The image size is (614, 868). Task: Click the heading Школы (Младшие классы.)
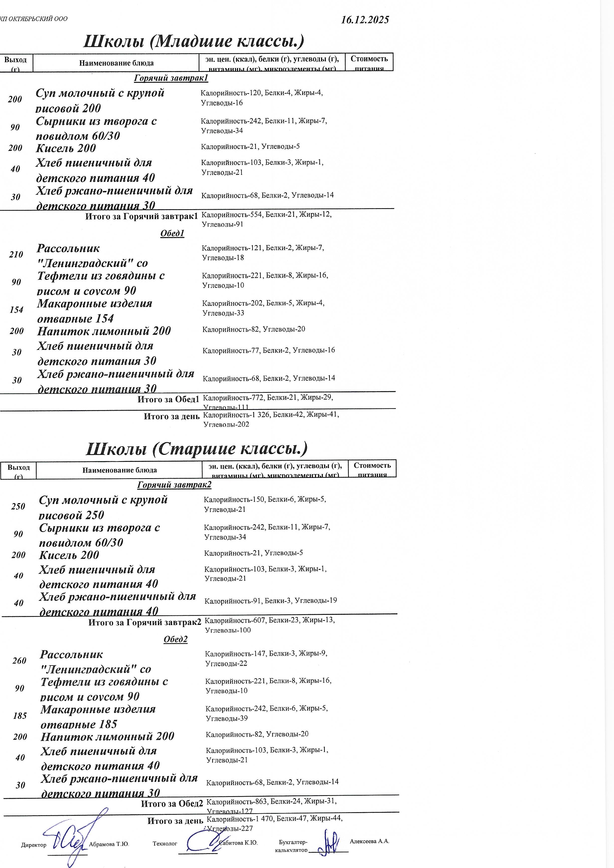194,41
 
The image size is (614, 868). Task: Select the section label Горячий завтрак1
171,78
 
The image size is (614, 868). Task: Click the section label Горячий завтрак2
174,485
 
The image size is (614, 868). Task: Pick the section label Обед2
175,639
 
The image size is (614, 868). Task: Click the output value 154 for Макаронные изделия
16,310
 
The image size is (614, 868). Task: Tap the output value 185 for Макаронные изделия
20,716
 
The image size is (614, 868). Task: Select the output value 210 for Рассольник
16,255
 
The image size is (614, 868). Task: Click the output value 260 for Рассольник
19,661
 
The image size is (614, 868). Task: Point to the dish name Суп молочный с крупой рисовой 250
103,507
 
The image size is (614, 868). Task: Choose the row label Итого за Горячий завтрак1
141,216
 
